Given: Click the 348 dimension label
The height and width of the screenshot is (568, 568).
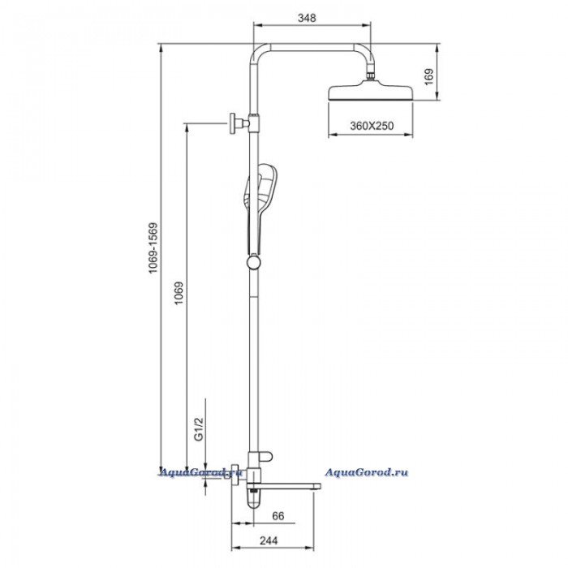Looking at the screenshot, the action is click(307, 18).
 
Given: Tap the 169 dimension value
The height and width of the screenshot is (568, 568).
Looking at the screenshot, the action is click(428, 77).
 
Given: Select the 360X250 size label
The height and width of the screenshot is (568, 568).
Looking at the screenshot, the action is click(372, 126).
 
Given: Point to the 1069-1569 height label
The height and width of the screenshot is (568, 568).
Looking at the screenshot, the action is click(153, 248).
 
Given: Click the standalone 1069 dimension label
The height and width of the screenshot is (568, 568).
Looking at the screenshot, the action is click(179, 293).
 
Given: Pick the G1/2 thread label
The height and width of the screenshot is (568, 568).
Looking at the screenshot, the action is click(200, 429).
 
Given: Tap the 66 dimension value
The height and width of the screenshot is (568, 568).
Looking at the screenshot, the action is click(278, 516).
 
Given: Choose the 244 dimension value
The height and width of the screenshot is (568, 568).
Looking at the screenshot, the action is click(269, 540).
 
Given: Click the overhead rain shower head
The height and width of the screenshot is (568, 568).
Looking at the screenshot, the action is click(371, 91).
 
